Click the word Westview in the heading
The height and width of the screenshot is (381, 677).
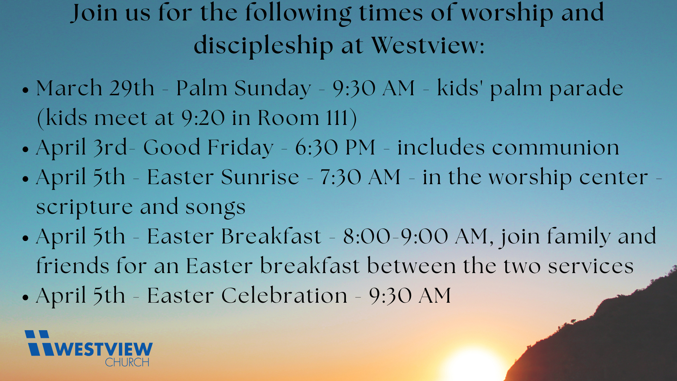click(x=428, y=46)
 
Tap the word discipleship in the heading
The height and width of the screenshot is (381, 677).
click(x=263, y=46)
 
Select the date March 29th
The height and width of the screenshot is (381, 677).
click(x=95, y=88)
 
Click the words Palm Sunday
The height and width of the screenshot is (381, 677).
click(x=243, y=89)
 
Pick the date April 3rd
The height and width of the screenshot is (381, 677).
click(x=81, y=148)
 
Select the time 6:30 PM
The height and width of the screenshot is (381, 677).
click(x=335, y=147)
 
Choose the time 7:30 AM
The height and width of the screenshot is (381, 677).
click(x=360, y=177)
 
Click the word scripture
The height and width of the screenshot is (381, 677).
click(x=84, y=207)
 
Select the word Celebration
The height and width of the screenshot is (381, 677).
click(x=284, y=295)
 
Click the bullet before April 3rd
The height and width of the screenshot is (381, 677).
click(x=25, y=149)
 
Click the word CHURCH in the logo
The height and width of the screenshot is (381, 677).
click(x=127, y=362)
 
